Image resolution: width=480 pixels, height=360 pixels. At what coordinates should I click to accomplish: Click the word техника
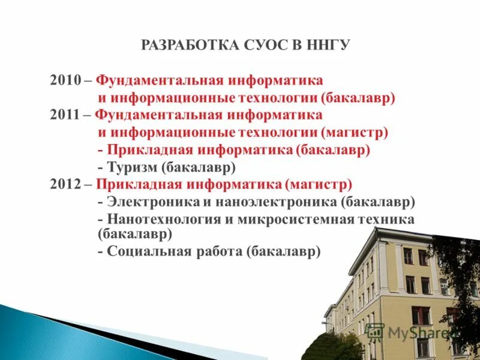385,220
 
